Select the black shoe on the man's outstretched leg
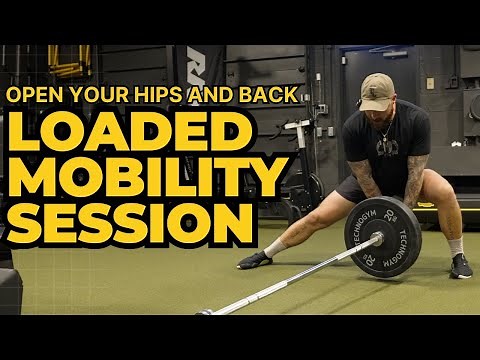(254, 259)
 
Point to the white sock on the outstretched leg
(275, 247)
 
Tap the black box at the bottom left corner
(10, 290)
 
